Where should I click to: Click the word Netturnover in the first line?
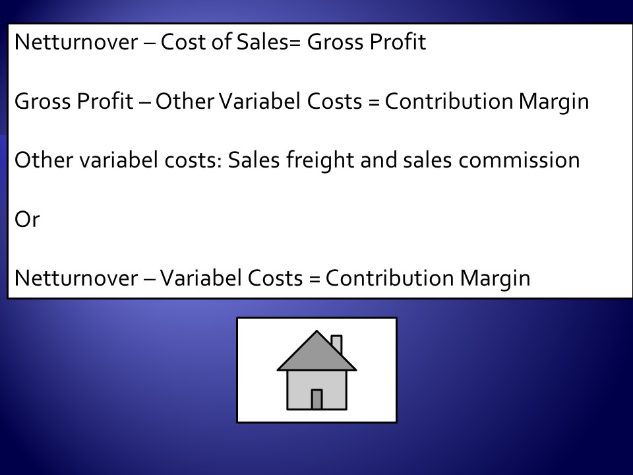coord(76,42)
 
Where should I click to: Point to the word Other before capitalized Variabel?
coord(185,100)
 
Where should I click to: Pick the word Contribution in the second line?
coord(449,100)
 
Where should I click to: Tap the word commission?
coord(519,160)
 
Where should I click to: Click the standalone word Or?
coord(27,219)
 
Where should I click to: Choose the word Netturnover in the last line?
coord(76,278)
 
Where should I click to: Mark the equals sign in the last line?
coord(314,279)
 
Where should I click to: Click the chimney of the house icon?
coord(337,344)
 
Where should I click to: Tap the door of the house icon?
coord(317,400)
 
